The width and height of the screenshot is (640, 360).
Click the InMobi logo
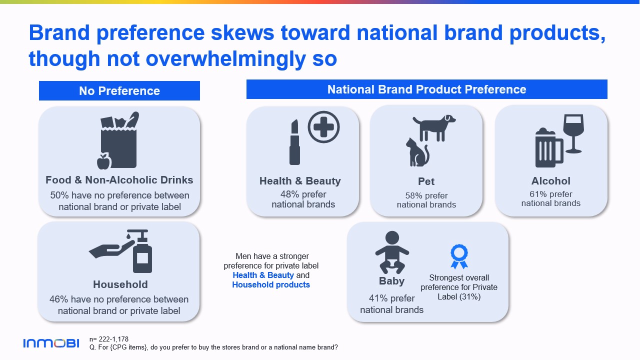pos(51,343)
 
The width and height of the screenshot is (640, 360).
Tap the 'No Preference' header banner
pos(119,91)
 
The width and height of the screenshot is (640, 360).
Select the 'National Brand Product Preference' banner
pos(427,89)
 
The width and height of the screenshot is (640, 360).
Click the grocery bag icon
pos(119,139)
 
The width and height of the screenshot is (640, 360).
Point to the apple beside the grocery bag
pos(103,161)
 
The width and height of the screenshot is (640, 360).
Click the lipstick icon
pos(294,142)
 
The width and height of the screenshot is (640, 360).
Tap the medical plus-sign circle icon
pos(323,127)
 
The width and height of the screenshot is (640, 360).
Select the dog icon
pos(434,127)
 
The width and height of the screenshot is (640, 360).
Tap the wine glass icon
pos(573,133)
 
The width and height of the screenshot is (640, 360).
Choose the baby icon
pos(392,252)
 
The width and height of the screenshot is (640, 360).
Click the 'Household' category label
pos(120,284)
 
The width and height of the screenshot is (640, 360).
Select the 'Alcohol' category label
pos(551,181)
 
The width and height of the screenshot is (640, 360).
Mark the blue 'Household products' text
pos(271,285)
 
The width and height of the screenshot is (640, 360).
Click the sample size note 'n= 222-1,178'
pos(109,339)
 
